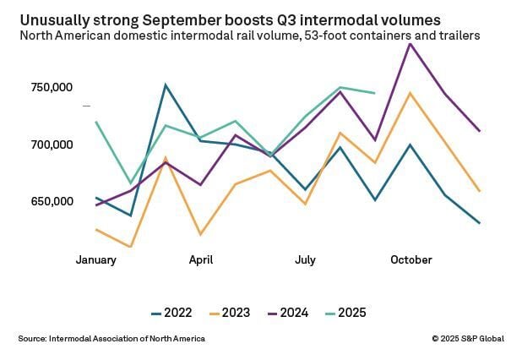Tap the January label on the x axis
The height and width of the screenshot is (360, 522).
click(x=95, y=259)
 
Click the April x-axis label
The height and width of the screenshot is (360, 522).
click(x=201, y=259)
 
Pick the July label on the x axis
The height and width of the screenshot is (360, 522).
click(x=306, y=259)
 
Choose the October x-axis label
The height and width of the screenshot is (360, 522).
click(x=411, y=259)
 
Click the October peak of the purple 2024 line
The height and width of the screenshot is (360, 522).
click(x=411, y=43)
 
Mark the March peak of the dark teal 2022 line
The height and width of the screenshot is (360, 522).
click(x=166, y=85)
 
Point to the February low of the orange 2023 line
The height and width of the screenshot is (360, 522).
click(x=130, y=247)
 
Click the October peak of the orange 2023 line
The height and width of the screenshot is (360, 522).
click(x=411, y=93)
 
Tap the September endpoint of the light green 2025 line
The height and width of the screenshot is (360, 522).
click(x=375, y=93)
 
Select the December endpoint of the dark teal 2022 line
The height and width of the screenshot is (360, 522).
click(x=480, y=223)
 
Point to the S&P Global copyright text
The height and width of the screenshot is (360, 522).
click(x=468, y=339)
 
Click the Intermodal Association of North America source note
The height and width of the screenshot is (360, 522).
click(x=111, y=339)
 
